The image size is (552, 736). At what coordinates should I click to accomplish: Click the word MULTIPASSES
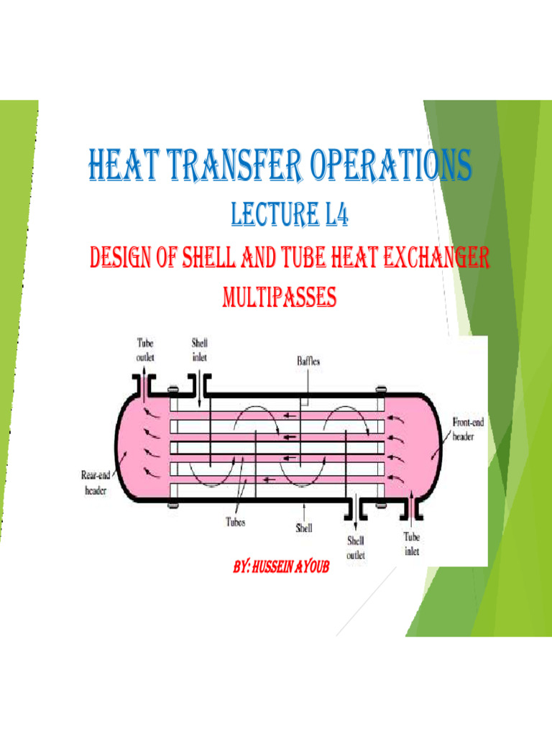[281, 297]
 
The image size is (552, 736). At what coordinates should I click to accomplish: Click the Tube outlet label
[145, 349]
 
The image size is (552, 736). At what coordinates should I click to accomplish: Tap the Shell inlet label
[199, 349]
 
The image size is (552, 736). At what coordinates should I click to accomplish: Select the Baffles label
[309, 362]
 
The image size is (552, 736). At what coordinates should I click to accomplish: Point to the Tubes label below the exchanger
[236, 523]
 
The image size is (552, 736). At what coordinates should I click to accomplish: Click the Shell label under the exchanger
[304, 528]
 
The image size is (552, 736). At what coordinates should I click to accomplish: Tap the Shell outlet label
[356, 547]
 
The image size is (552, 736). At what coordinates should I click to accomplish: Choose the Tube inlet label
[411, 543]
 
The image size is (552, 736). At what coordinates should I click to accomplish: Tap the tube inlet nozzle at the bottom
[410, 507]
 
